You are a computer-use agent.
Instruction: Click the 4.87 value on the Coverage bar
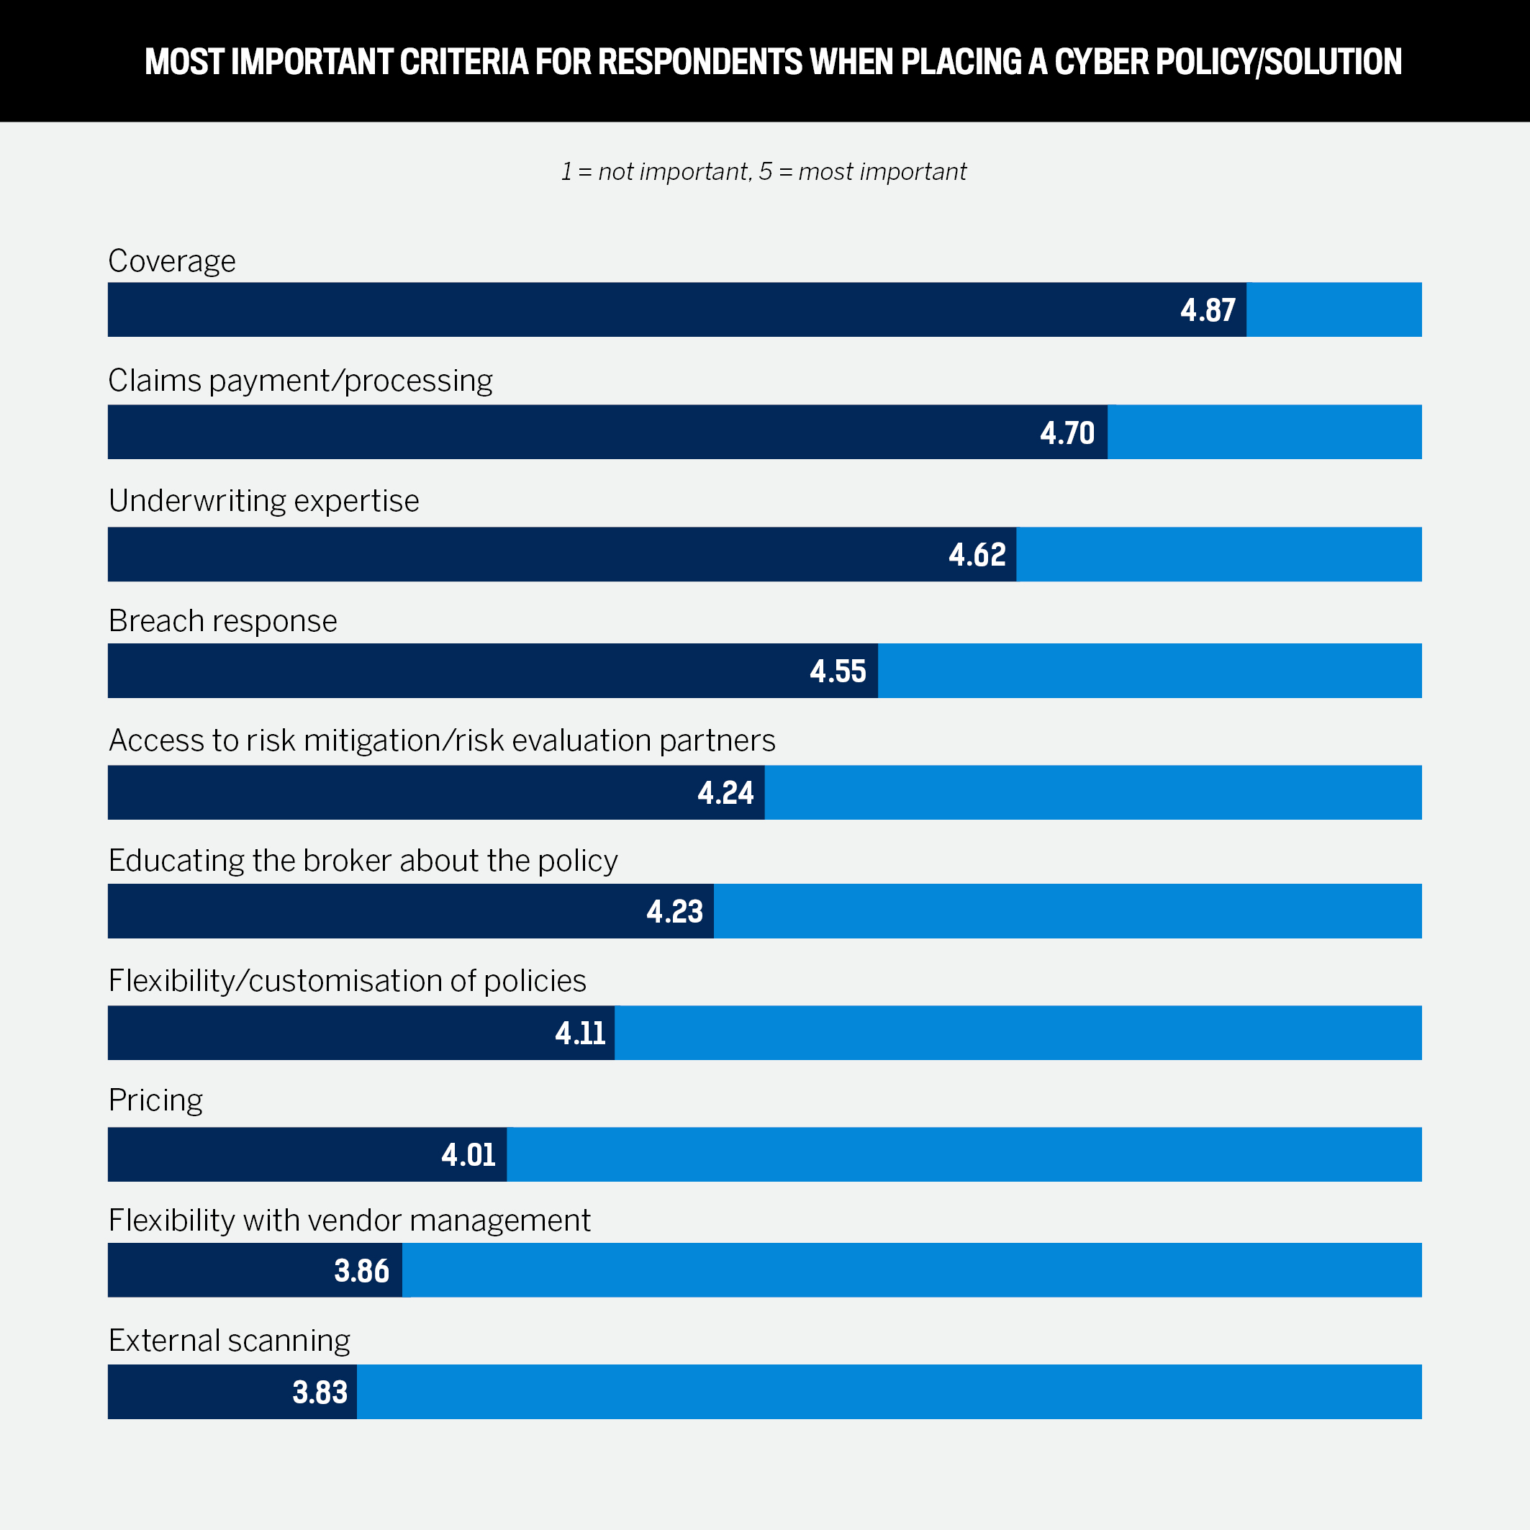tap(1207, 309)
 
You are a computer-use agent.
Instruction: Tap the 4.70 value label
tap(1067, 433)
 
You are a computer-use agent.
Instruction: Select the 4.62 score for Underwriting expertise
tap(977, 554)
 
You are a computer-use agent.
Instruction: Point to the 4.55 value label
tap(837, 671)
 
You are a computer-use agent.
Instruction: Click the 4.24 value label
tap(725, 793)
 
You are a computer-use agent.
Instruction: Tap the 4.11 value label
tap(580, 1033)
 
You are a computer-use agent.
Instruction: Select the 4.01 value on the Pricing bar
tap(468, 1154)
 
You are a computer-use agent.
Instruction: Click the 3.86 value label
tap(361, 1271)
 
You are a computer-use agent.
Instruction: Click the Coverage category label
tap(172, 261)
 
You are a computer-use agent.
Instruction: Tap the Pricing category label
tap(155, 1100)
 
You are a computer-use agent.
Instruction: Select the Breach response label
tap(222, 621)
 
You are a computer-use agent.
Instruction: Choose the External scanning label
tap(229, 1341)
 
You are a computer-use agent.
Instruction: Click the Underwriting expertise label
tap(263, 500)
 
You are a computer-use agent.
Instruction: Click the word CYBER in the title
tap(1101, 62)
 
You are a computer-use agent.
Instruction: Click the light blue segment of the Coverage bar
tap(1334, 309)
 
